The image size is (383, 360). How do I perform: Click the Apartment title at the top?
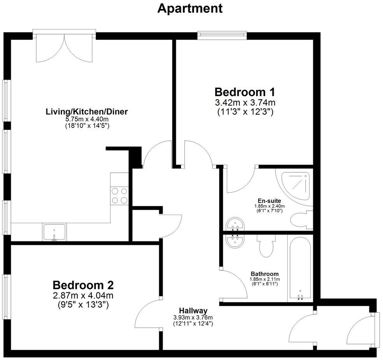click(190, 8)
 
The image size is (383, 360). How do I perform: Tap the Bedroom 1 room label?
click(245, 92)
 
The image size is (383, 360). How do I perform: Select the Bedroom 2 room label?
click(83, 285)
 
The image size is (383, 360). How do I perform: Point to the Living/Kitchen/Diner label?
click(87, 112)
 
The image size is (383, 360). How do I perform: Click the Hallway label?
click(193, 311)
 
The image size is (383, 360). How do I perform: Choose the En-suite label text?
click(269, 201)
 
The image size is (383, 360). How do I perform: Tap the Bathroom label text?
click(264, 274)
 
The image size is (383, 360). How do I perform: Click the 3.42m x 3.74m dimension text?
click(245, 103)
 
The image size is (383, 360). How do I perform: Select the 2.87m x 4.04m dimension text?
click(83, 295)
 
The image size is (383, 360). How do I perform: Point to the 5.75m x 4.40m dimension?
click(87, 119)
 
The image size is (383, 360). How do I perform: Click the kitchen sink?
click(54, 232)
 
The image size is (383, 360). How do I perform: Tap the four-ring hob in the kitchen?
click(119, 196)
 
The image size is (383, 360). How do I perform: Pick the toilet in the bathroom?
click(267, 247)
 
